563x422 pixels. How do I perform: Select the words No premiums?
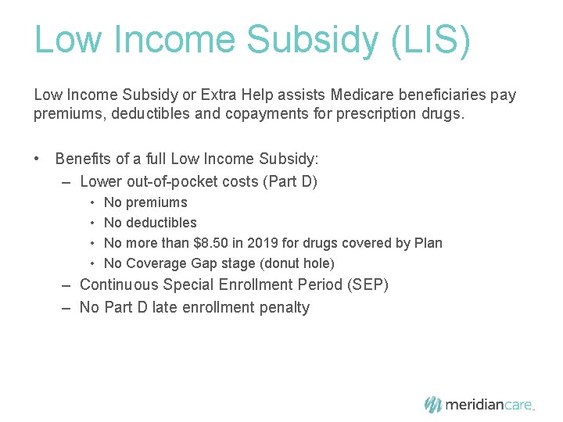click(145, 202)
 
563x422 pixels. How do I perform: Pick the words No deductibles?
click(150, 223)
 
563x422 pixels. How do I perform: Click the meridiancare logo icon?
click(432, 404)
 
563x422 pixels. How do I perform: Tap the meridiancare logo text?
click(489, 405)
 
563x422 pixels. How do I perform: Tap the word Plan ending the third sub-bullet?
click(428, 243)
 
